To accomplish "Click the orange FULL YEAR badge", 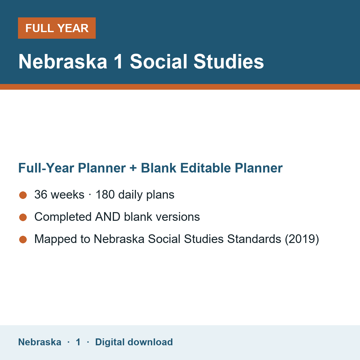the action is point(57,28).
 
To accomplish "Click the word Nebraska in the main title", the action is point(63,61).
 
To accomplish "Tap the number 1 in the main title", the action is point(118,61).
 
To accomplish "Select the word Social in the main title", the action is point(158,61).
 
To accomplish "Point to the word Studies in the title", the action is point(229,61).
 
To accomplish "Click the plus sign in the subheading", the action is point(133,168).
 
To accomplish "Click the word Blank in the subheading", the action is point(158,168).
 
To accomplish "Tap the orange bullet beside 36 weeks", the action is point(23,195).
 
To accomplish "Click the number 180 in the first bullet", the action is point(105,194).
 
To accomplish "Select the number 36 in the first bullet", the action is point(41,194).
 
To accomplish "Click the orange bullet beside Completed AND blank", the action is point(23,217).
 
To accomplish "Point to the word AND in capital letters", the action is point(108,217).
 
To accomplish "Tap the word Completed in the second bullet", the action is point(63,217).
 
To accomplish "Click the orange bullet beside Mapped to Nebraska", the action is point(23,239).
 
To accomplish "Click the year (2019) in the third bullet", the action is point(302,239).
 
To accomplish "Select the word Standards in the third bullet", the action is point(254,239).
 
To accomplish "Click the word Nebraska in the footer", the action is point(40,342).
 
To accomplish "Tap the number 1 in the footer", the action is point(78,342).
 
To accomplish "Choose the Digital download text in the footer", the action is point(134,342).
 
